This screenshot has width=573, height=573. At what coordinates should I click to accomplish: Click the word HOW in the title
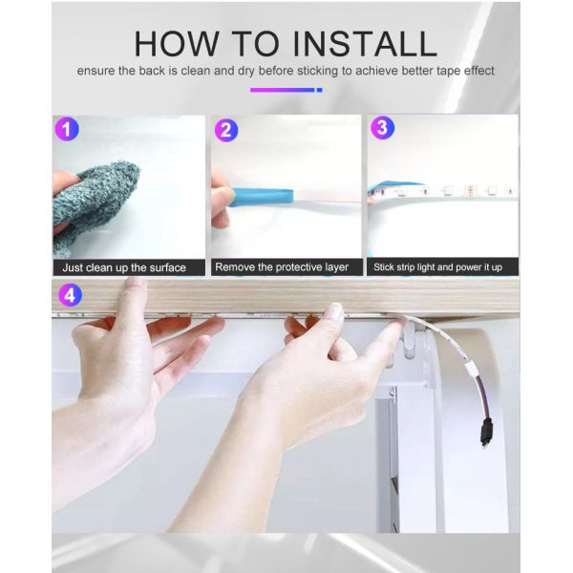click(x=177, y=44)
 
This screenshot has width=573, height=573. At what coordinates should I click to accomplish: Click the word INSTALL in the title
click(x=365, y=44)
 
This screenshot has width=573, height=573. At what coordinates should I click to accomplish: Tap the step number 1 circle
click(x=67, y=129)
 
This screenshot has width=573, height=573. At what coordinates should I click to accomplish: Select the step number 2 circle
click(x=225, y=130)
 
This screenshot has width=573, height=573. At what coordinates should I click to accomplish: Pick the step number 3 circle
click(x=382, y=128)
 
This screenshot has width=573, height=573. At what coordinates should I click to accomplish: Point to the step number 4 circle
click(x=70, y=294)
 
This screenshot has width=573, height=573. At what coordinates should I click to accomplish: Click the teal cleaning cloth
click(x=95, y=207)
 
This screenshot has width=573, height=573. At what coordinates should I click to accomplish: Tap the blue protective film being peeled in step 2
click(x=262, y=198)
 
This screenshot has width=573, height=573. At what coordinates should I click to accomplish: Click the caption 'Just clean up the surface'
click(x=124, y=267)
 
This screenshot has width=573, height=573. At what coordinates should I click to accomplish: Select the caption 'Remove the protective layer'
click(x=282, y=267)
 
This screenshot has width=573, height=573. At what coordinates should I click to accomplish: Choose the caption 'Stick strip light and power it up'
click(x=437, y=267)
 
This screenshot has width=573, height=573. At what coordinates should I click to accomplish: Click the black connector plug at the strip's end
click(x=486, y=433)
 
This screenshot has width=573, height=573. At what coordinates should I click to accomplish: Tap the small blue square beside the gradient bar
click(x=319, y=90)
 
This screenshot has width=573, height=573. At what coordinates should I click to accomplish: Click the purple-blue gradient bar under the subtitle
click(x=282, y=90)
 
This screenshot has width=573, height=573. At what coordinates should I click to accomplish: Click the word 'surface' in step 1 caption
click(x=168, y=267)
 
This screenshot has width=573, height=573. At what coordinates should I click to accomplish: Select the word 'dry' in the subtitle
click(x=246, y=71)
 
